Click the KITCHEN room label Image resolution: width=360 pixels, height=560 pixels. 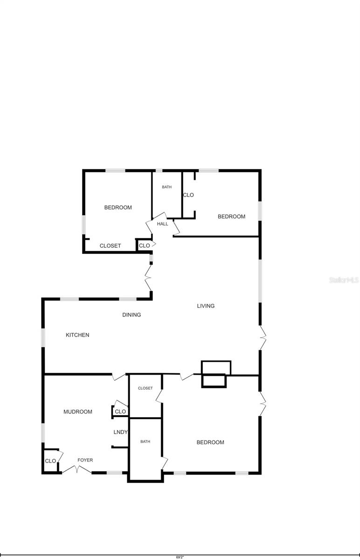point(77,335)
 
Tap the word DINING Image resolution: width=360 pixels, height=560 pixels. point(132,315)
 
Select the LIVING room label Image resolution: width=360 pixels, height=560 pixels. point(206,306)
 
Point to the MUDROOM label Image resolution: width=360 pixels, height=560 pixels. point(78,412)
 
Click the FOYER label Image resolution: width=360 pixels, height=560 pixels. point(85,460)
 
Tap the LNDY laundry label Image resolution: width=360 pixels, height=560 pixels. point(120,432)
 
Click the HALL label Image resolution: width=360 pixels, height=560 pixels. point(163,224)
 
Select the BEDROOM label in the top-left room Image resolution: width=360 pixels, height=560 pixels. point(118,208)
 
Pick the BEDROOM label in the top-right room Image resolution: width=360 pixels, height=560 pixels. point(231,217)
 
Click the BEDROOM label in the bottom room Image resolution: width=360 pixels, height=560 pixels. point(210,442)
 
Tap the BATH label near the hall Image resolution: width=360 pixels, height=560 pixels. point(166,187)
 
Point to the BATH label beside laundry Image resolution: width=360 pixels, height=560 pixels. point(145,441)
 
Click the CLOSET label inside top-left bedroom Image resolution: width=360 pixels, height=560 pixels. point(111,246)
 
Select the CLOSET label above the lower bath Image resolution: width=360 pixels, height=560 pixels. point(145,388)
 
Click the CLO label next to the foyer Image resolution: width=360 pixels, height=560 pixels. point(50,461)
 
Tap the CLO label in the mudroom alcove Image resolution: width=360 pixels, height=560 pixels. point(120,412)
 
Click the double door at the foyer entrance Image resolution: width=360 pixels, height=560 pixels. point(77,469)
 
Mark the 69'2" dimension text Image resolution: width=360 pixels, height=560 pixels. point(180,557)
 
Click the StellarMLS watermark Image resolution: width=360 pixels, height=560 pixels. point(344,280)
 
